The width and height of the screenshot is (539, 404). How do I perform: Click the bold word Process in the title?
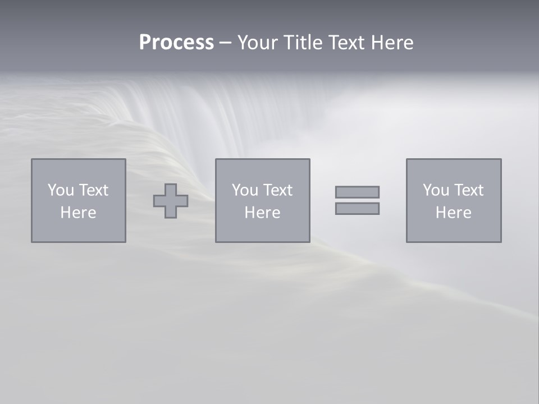point(176,43)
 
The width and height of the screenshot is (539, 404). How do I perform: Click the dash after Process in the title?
point(225,43)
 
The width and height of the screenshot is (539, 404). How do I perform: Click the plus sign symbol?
point(171,201)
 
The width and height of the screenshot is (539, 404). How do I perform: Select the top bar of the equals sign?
point(357,192)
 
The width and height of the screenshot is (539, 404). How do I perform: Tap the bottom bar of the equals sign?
point(357,208)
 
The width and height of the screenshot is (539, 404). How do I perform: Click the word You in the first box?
point(61,190)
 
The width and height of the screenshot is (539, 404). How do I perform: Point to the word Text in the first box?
point(93,190)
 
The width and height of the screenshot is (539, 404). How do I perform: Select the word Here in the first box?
point(78,213)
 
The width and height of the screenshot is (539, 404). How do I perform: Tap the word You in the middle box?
point(245,190)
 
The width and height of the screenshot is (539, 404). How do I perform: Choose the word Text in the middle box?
point(277,190)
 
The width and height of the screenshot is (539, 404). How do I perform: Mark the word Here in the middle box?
point(262,213)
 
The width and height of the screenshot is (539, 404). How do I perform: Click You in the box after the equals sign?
point(436,190)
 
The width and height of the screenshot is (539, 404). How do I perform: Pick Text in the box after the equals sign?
point(468,190)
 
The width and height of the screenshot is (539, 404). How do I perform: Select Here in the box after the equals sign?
point(453,213)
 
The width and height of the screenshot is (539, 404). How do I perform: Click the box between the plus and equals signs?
point(262,230)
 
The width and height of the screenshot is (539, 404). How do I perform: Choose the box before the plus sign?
point(78,230)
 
